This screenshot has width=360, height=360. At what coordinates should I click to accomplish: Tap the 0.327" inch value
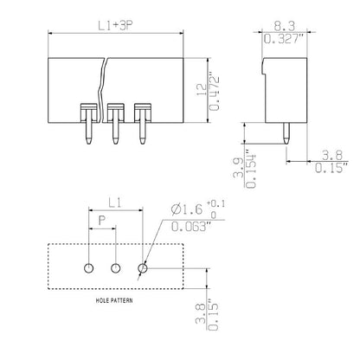(x=284, y=40)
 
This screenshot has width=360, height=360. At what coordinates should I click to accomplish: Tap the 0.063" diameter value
(x=188, y=227)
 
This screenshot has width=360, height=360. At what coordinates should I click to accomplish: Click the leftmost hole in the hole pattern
(x=88, y=268)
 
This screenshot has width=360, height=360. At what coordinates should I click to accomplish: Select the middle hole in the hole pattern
(x=114, y=268)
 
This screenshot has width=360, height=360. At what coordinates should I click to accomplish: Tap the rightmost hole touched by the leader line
(x=142, y=268)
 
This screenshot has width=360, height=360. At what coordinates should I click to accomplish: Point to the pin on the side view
(x=286, y=129)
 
